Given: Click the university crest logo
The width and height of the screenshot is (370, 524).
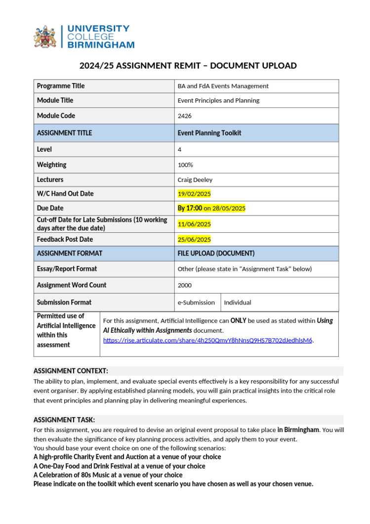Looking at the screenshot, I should click(x=45, y=37).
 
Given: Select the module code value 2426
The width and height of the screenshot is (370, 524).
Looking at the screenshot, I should click(x=184, y=116).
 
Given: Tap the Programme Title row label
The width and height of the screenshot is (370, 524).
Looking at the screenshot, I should click(x=61, y=86).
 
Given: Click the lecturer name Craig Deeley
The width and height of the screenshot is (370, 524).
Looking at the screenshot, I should click(x=195, y=180).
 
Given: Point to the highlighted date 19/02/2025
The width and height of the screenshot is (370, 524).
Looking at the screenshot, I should click(x=194, y=194).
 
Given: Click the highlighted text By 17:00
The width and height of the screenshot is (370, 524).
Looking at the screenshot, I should click(x=190, y=208).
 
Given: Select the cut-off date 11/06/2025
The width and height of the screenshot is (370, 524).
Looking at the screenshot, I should click(x=194, y=224).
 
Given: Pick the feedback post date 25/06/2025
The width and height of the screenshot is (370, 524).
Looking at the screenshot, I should click(x=194, y=240).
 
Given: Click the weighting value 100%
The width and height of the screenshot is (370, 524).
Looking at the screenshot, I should click(x=185, y=165).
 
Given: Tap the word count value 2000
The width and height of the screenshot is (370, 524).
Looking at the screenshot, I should click(x=185, y=285).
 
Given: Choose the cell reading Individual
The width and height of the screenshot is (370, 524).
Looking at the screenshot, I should click(x=238, y=303).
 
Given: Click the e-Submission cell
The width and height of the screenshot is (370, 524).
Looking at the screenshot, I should click(x=196, y=303).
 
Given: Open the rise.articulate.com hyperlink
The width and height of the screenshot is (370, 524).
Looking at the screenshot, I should click(x=207, y=340).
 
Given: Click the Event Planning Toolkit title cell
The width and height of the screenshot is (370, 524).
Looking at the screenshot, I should click(x=209, y=133).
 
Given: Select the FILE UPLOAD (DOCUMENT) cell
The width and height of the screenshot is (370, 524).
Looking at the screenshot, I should click(x=216, y=254).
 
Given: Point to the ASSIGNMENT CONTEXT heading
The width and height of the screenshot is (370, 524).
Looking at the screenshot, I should click(x=71, y=371).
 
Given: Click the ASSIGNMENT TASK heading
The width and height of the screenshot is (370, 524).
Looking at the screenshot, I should click(x=64, y=420).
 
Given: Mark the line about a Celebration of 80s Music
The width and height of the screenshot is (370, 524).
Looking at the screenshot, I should click(x=108, y=475).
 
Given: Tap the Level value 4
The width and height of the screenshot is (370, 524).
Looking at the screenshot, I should click(x=180, y=149).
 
